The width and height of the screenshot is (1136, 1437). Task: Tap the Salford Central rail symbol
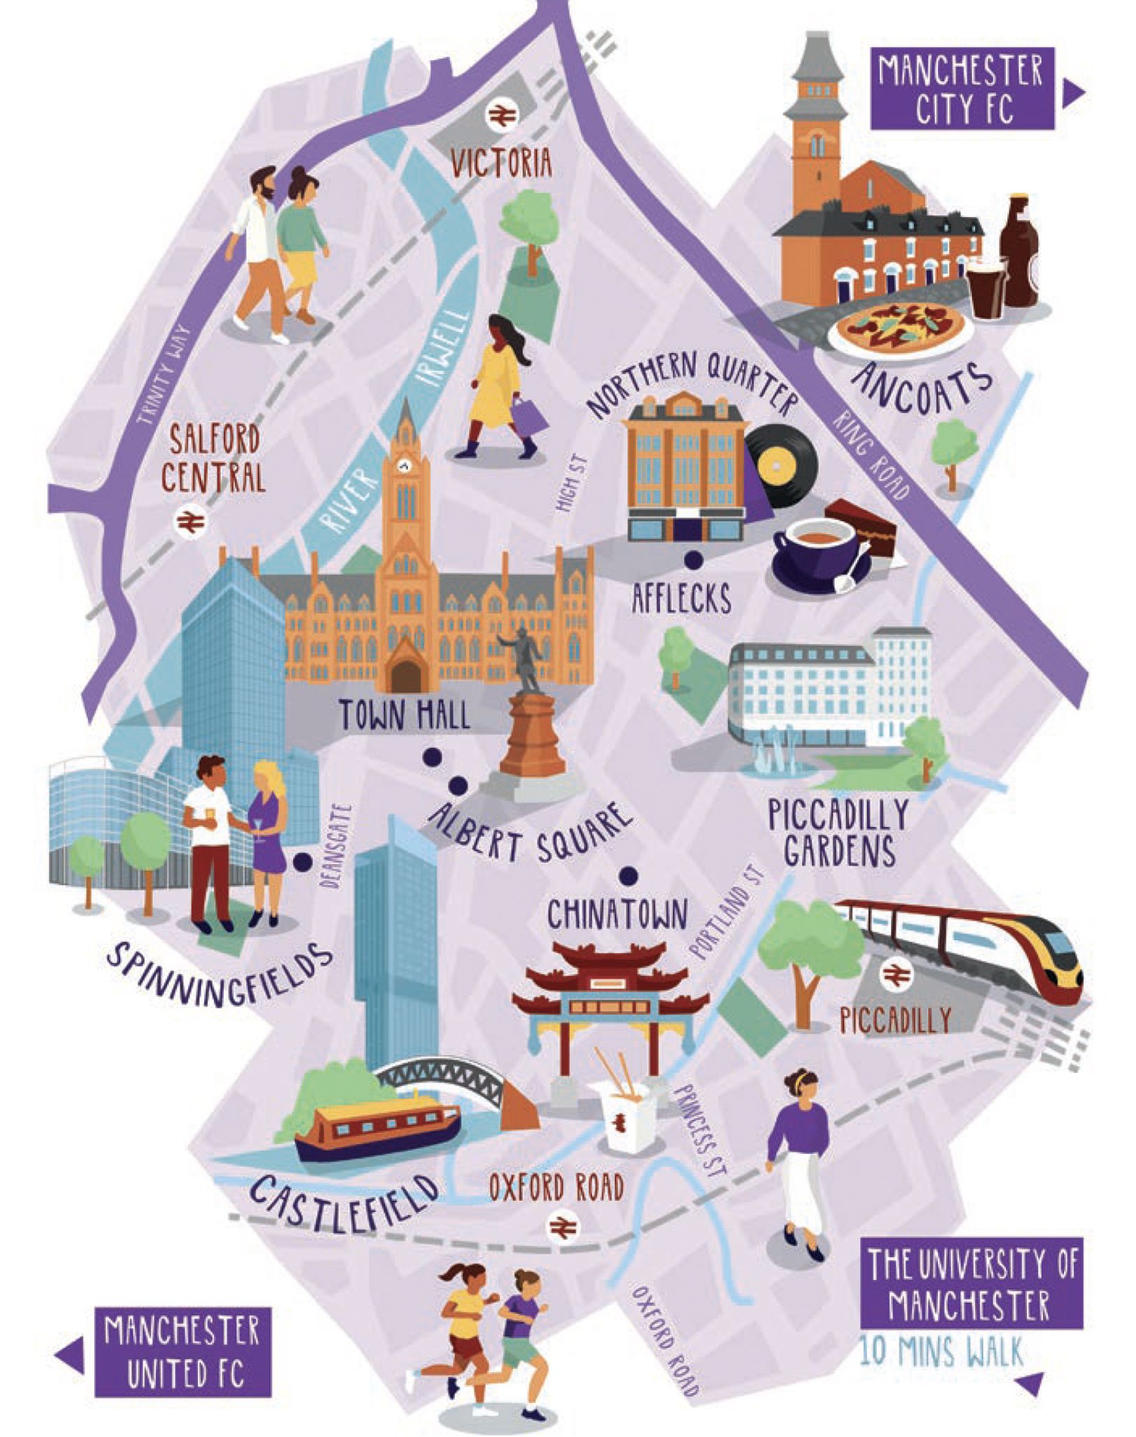pos(187,521)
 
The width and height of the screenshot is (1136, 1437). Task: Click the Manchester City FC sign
pos(961,89)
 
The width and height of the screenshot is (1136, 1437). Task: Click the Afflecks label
pos(681,600)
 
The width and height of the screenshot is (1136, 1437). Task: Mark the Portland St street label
pos(727,913)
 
